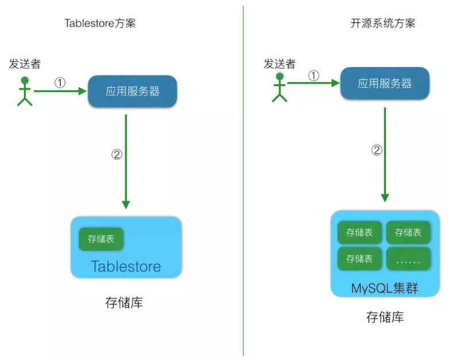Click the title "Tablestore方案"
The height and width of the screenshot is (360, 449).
(x=100, y=24)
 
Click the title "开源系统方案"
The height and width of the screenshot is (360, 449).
(x=382, y=24)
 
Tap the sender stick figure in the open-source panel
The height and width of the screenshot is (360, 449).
(x=279, y=87)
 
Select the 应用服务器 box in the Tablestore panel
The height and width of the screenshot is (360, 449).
(x=132, y=91)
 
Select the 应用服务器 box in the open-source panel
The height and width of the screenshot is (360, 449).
(x=385, y=84)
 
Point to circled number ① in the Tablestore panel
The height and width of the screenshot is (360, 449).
(x=60, y=83)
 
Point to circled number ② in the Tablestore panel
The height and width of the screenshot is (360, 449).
(x=117, y=154)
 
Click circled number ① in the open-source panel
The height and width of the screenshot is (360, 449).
(x=314, y=76)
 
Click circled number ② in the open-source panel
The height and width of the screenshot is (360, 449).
(x=377, y=150)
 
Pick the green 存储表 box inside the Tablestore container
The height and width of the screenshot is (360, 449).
(x=101, y=239)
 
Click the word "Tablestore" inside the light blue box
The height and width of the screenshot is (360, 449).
(x=126, y=267)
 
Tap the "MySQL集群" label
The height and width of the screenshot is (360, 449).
(x=384, y=288)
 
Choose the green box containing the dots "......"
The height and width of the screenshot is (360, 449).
(x=408, y=259)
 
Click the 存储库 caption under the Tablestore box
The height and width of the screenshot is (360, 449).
(x=124, y=303)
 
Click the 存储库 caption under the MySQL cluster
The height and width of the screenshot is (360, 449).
(x=385, y=317)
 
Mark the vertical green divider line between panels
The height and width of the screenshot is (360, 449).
(x=243, y=183)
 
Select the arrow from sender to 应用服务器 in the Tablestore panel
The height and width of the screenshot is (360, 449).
(x=60, y=91)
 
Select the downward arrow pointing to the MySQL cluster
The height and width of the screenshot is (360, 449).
(x=385, y=155)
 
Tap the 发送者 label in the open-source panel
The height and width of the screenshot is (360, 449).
(x=279, y=64)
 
